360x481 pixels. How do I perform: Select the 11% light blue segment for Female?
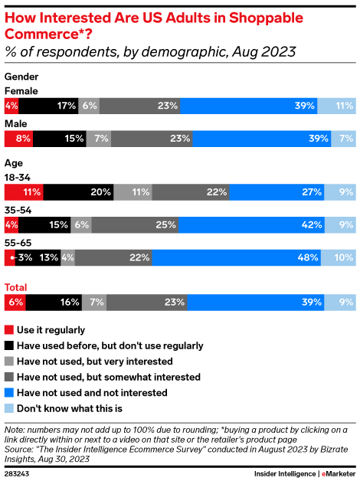tap(336, 106)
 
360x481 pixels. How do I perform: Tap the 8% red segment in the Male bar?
tap(19, 139)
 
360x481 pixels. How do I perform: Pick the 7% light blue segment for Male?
tap(343, 139)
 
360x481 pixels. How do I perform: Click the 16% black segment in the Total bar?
tap(57, 303)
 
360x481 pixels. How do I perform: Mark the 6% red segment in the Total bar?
tap(15, 303)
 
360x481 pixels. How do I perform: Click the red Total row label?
tap(16, 287)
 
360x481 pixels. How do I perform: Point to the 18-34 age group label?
tap(18, 177)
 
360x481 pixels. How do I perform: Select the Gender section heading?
tap(21, 77)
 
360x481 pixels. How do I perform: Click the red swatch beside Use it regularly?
tap(9, 330)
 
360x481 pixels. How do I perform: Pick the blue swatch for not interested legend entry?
tap(9, 392)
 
